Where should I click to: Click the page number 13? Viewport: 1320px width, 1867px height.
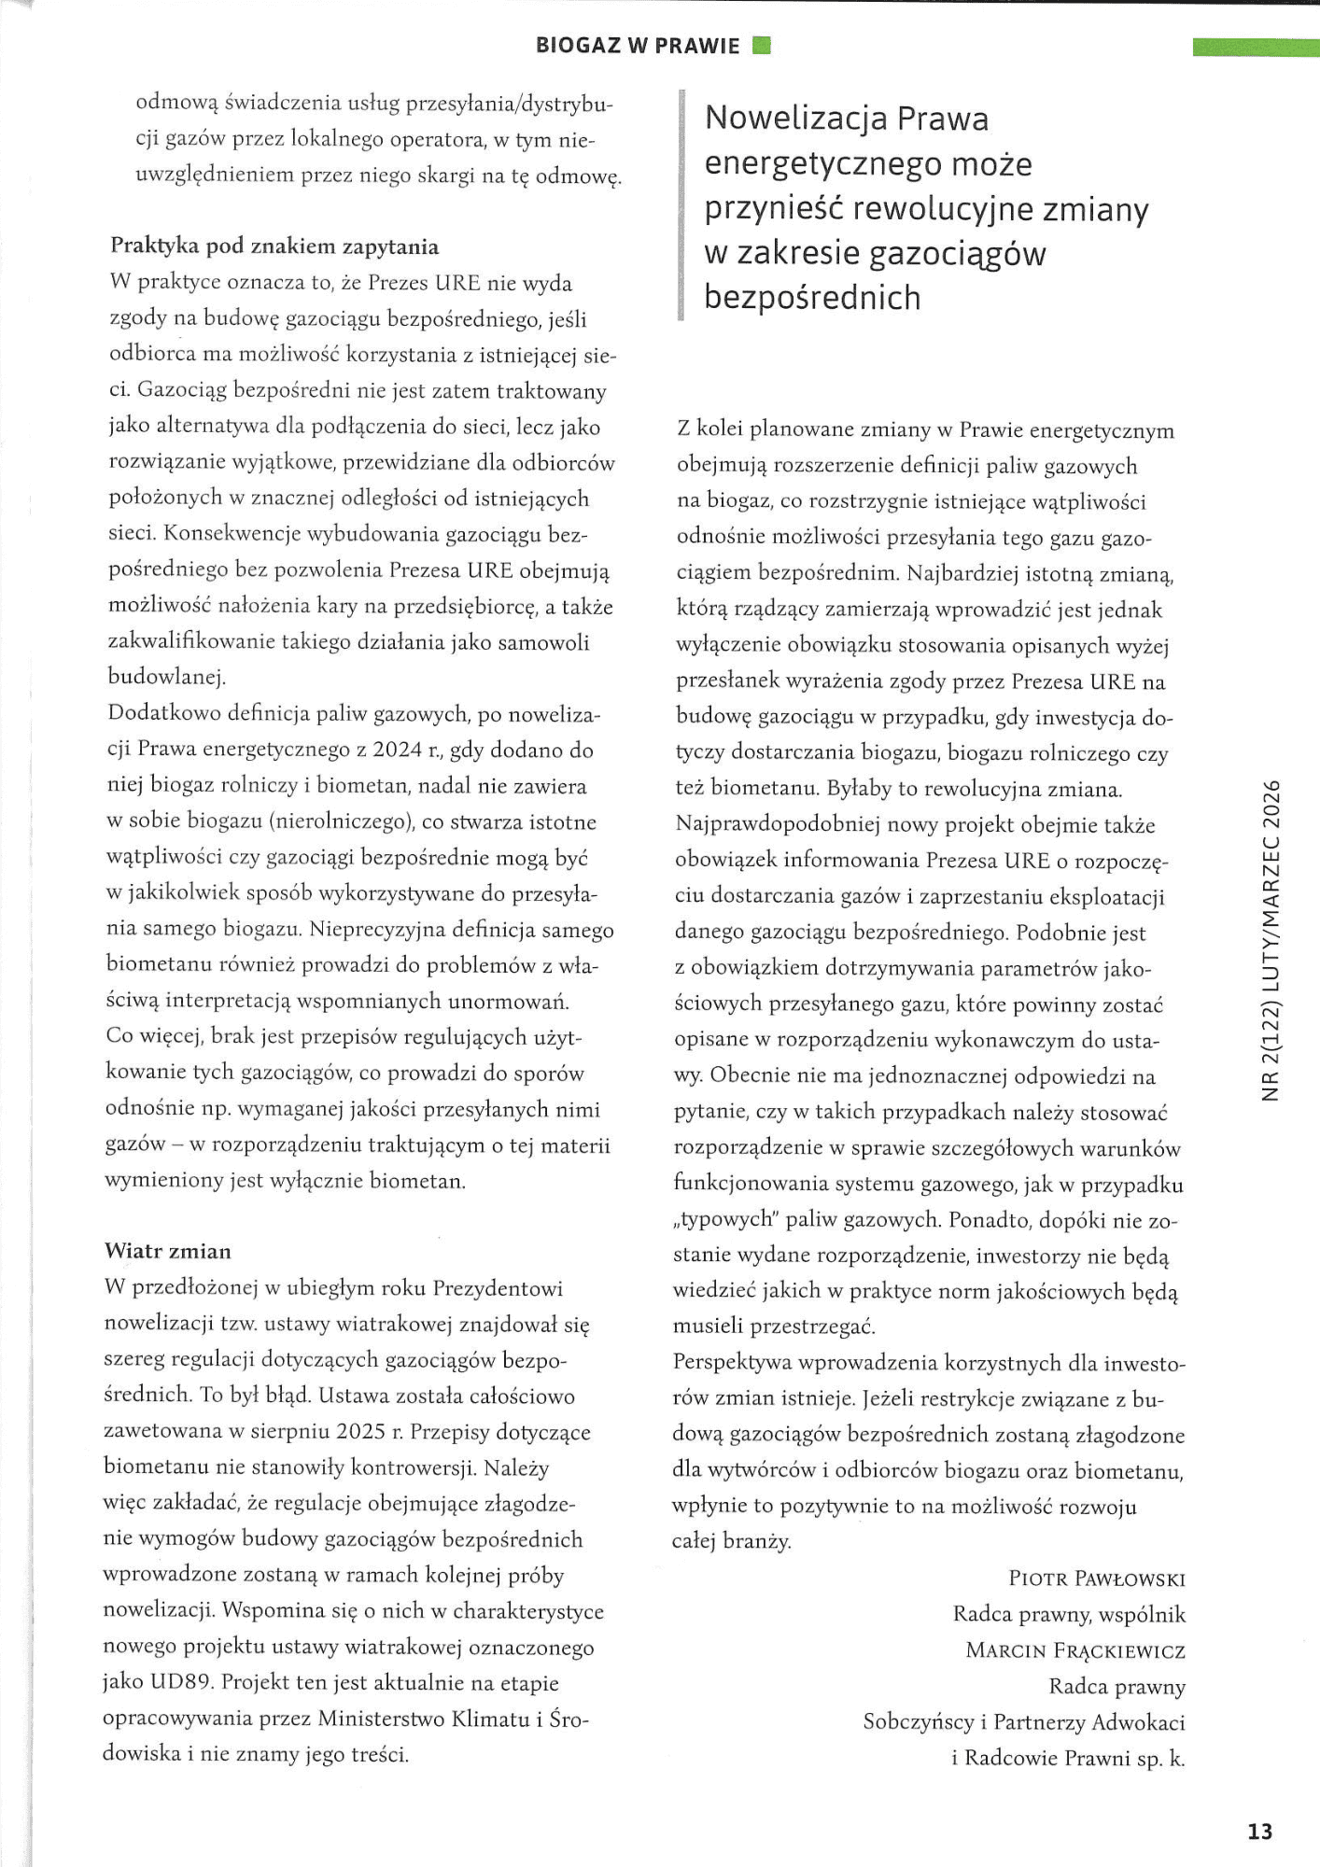pyautogui.click(x=1259, y=1832)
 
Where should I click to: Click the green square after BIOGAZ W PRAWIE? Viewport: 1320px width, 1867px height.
pyautogui.click(x=761, y=45)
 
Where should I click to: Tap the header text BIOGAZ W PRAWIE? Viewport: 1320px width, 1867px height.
pyautogui.click(x=638, y=46)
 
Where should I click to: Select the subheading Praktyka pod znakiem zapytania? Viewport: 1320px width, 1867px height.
pyautogui.click(x=274, y=246)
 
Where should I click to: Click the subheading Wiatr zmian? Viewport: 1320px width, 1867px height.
pyautogui.click(x=168, y=1251)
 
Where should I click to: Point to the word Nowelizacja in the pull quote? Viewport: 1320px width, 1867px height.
pyautogui.click(x=793, y=119)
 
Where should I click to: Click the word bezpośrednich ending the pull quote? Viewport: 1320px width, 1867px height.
pyautogui.click(x=812, y=298)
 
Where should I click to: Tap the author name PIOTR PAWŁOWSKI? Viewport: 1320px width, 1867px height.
pyautogui.click(x=1097, y=1579)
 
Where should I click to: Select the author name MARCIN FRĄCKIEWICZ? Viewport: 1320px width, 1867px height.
pyautogui.click(x=1075, y=1650)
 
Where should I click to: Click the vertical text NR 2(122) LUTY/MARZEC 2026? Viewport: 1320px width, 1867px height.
pyautogui.click(x=1270, y=939)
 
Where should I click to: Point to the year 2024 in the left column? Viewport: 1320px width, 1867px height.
pyautogui.click(x=398, y=750)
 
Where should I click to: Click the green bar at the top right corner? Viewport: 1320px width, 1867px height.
pyautogui.click(x=1256, y=48)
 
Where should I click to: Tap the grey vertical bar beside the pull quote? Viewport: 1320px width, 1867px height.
pyautogui.click(x=681, y=206)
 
